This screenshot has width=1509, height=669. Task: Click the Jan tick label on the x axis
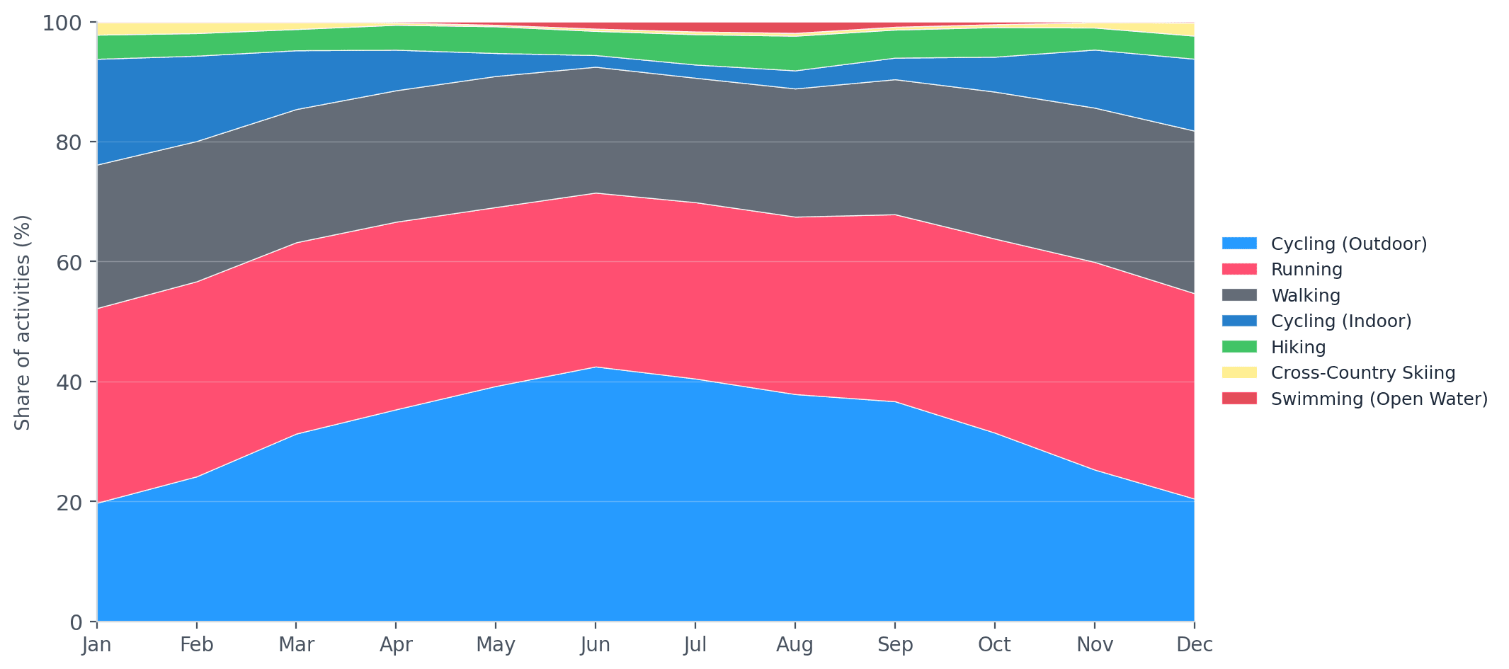97,645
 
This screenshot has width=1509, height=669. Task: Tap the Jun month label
595,645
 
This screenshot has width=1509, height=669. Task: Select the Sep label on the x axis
895,645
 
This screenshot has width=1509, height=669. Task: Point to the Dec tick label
1194,645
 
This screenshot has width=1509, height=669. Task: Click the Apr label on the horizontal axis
396,645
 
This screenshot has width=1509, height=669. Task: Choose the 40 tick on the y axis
69,382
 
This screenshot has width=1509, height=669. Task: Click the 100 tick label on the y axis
62,23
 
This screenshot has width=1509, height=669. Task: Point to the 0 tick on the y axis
76,622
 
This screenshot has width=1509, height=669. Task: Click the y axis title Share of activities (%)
23,323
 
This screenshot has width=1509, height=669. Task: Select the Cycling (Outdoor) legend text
1348,244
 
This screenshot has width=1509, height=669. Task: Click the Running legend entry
1306,270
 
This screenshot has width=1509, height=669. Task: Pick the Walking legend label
1305,296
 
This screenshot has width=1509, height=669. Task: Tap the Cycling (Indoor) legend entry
1340,321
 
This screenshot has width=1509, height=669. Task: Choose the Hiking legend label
1298,348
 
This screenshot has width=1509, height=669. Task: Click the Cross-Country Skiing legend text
1362,373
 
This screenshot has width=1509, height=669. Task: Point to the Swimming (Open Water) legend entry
1379,399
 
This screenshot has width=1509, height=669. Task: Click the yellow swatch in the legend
1239,373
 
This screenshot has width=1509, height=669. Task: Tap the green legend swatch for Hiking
1239,348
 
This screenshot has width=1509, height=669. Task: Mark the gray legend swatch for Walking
1239,296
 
